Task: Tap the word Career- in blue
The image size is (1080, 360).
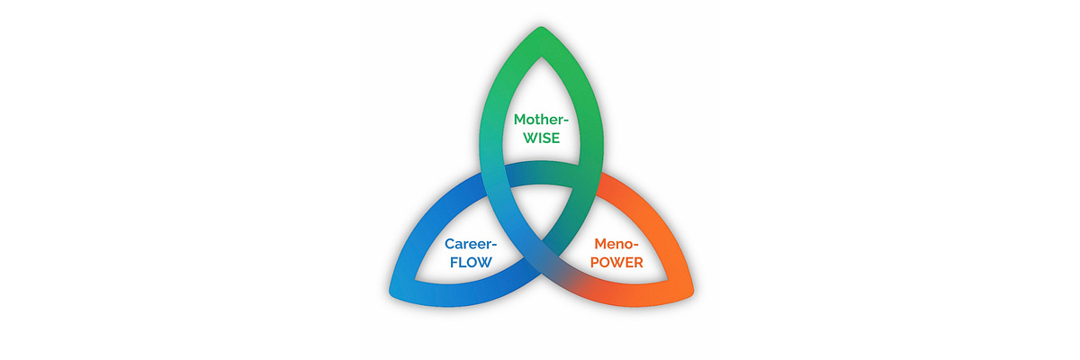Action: [x=472, y=244]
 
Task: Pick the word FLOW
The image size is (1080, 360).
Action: [x=470, y=264]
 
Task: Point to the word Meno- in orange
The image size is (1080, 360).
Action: [x=615, y=244]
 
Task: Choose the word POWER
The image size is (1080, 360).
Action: [x=616, y=264]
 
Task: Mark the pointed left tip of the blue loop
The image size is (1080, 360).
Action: [x=392, y=292]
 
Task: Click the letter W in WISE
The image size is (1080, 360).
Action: [x=521, y=139]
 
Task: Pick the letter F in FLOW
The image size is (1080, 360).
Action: [x=453, y=264]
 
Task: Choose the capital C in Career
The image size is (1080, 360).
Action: [x=450, y=244]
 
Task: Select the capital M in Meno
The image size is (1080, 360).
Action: [x=599, y=244]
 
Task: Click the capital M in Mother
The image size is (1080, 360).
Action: [x=520, y=121]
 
